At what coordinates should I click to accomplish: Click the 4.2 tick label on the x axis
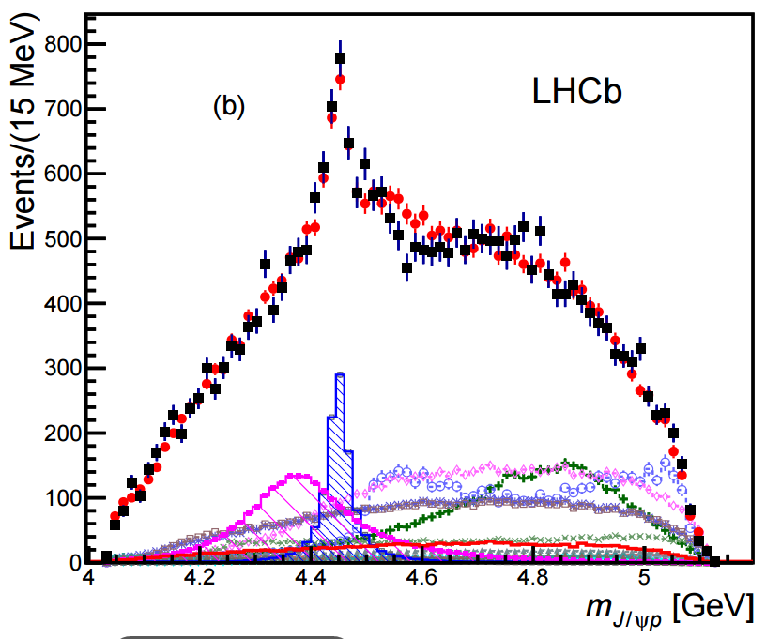point(198,579)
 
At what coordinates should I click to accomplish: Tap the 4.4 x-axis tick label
point(310,579)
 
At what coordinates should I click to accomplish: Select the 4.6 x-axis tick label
point(421,579)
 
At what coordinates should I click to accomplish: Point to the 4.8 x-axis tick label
point(533,579)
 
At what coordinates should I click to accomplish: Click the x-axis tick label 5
point(644,579)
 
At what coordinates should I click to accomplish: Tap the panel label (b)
point(228,107)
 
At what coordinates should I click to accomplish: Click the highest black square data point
point(340,58)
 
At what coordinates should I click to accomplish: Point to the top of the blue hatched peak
point(340,375)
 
